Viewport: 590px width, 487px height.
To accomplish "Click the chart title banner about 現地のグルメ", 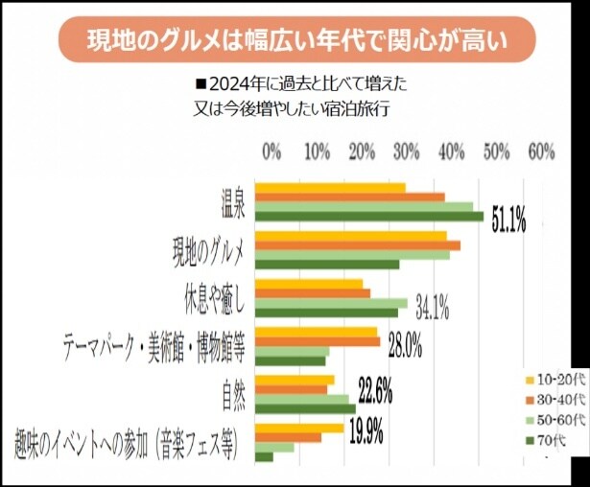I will [x=295, y=40].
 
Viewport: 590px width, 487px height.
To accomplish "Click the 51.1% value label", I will [x=509, y=221].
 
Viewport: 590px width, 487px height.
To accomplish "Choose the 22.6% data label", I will [x=374, y=392].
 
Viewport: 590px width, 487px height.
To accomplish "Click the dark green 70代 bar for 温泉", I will [x=368, y=217].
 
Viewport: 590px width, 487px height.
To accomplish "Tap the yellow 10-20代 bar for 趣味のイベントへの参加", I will [x=298, y=427].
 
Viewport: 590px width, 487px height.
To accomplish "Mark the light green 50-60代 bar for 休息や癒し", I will [x=330, y=302].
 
